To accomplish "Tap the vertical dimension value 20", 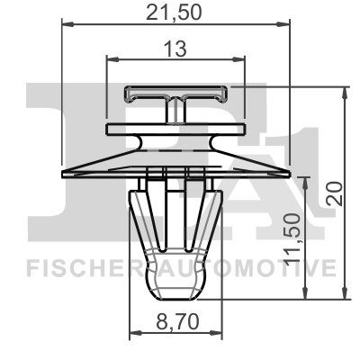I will pos(335,192).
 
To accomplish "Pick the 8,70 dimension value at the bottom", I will pos(175,319).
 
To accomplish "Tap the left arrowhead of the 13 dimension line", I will pos(110,59).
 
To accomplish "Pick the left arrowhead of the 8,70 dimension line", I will pos(134,334).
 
